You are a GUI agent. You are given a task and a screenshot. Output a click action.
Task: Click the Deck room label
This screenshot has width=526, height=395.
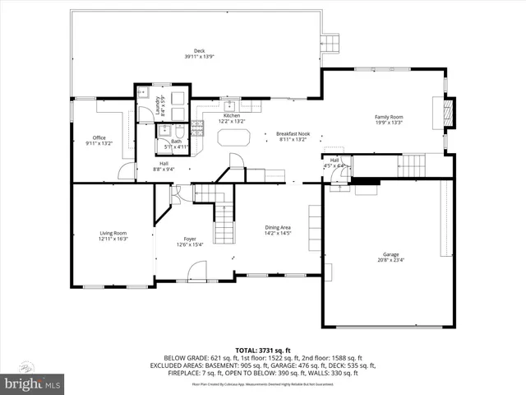pyautogui.click(x=199, y=51)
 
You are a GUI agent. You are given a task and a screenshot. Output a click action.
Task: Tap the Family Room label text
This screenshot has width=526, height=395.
pyautogui.click(x=390, y=117)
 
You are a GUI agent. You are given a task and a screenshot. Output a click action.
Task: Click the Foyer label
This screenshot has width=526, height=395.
pyautogui.click(x=190, y=239)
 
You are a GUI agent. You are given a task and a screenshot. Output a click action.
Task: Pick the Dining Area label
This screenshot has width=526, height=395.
pyautogui.click(x=278, y=227)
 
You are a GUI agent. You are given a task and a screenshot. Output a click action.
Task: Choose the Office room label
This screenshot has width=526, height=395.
pyautogui.click(x=99, y=137)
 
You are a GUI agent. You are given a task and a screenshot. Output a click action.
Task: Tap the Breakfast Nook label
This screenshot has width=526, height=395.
pyautogui.click(x=292, y=134)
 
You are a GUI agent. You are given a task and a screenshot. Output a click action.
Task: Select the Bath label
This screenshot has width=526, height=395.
pyautogui.click(x=177, y=142)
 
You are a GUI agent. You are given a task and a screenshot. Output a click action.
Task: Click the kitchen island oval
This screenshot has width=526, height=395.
pyautogui.click(x=233, y=139)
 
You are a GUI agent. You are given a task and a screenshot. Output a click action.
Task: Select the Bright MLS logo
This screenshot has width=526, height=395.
pyautogui.click(x=33, y=383)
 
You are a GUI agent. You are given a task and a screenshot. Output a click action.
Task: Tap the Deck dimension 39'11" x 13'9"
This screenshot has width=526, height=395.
pyautogui.click(x=199, y=56)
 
